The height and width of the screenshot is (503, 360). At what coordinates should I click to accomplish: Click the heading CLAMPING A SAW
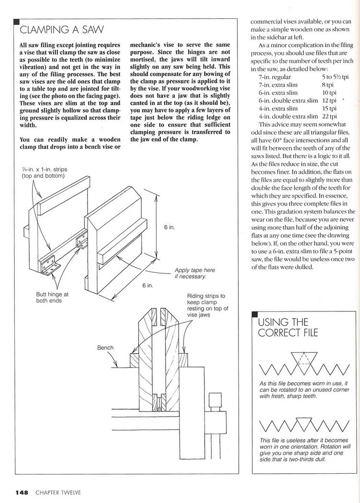(x=61, y=30)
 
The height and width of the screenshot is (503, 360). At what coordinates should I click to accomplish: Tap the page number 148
(x=22, y=492)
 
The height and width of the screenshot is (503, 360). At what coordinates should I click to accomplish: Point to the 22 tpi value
(x=329, y=116)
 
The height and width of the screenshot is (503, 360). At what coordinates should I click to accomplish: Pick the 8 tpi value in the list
(x=328, y=84)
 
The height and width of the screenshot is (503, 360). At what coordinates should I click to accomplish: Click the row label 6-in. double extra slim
(x=288, y=101)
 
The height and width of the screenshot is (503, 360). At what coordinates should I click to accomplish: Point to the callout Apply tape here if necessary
(x=195, y=273)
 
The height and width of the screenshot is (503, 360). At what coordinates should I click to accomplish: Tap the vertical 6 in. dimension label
(x=169, y=228)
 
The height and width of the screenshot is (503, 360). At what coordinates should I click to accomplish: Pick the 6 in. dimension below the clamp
(x=147, y=285)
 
